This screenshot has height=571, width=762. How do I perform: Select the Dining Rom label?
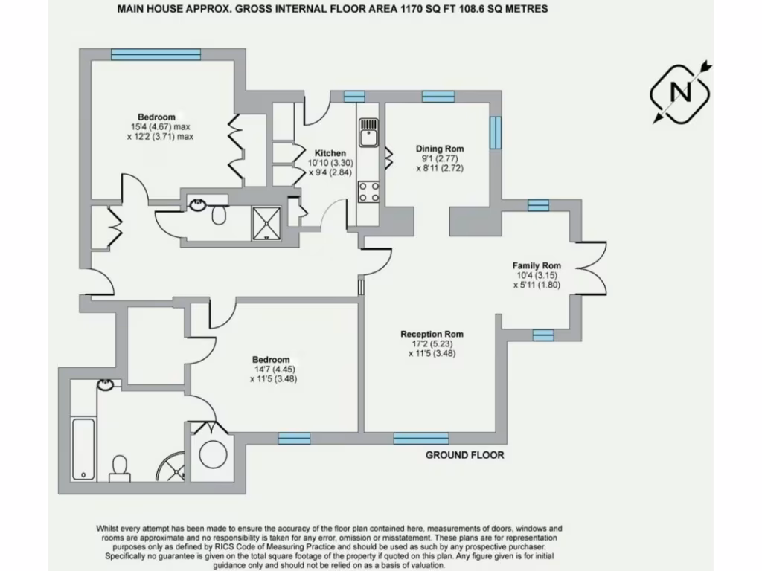[440, 149]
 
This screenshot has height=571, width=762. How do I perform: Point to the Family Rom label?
[536, 265]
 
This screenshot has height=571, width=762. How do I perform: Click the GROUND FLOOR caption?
[464, 454]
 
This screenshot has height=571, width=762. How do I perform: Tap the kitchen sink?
[368, 135]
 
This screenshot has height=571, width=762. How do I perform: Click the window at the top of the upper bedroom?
[156, 54]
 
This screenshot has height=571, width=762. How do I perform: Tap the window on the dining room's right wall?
[493, 132]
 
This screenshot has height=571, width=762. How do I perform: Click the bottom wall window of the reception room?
[420, 438]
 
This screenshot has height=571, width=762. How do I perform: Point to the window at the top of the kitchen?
[354, 95]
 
